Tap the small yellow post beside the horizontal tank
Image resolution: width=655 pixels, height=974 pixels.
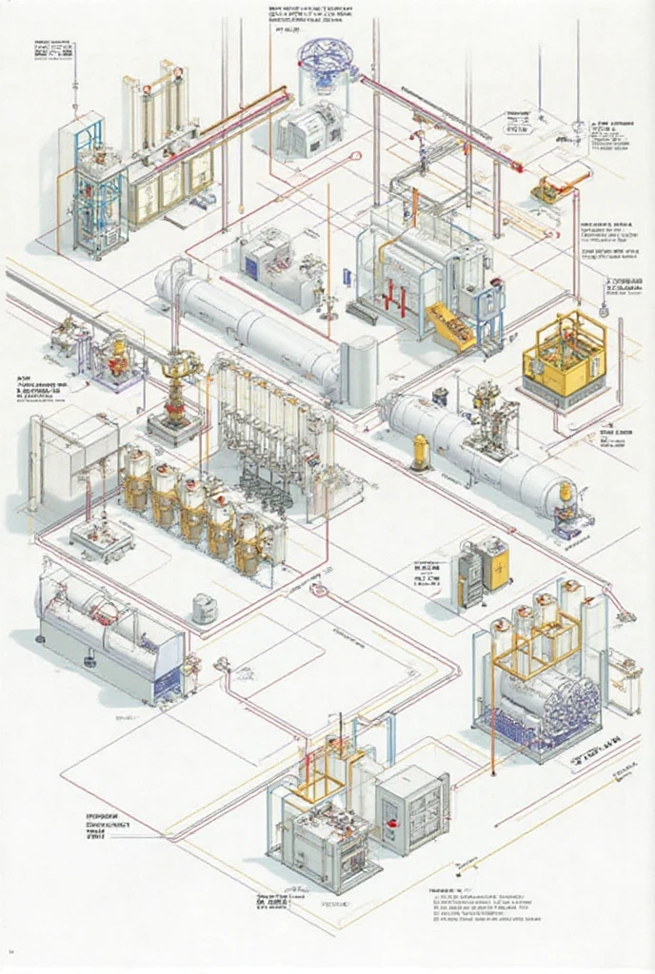[421, 451]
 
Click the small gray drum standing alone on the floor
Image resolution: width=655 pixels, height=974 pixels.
[202, 608]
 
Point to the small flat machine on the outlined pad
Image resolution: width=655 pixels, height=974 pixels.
[101, 537]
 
